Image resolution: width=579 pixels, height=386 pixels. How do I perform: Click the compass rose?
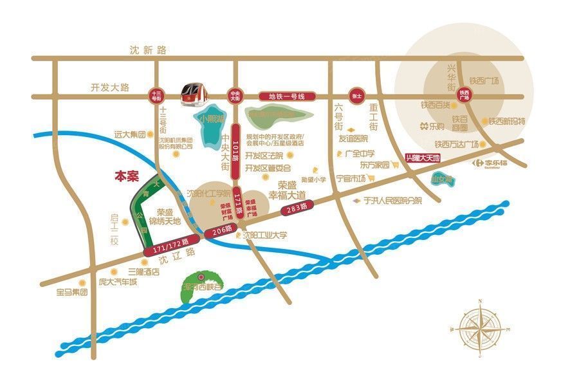pyautogui.click(x=482, y=328)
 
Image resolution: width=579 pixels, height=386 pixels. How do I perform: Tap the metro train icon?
pyautogui.click(x=192, y=94)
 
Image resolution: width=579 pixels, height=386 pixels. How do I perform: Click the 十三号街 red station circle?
pyautogui.click(x=155, y=96)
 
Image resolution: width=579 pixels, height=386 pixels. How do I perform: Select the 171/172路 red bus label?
pyautogui.click(x=171, y=246)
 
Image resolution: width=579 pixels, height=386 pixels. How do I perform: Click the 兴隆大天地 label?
pyautogui.click(x=422, y=158)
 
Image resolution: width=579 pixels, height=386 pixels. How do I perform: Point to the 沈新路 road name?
pyautogui.click(x=147, y=50)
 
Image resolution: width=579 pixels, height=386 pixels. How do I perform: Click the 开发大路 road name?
pyautogui.click(x=110, y=87)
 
